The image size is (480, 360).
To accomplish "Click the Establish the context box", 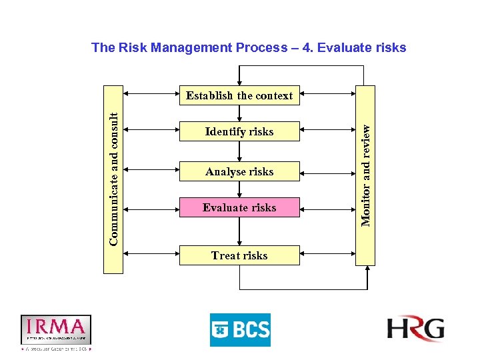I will click(x=239, y=95).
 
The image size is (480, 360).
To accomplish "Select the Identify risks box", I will click(x=239, y=131).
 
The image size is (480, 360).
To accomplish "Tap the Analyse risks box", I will click(x=239, y=171).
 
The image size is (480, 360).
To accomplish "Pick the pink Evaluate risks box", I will click(x=239, y=207).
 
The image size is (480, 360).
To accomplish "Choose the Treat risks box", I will click(x=239, y=255).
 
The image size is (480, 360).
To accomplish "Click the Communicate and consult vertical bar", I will click(x=113, y=179).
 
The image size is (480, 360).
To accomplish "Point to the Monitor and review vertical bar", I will click(x=365, y=175).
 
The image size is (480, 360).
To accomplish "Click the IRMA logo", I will click(x=55, y=329).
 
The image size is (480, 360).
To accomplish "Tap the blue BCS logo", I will click(x=240, y=329).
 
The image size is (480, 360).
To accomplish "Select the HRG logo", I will click(x=415, y=329).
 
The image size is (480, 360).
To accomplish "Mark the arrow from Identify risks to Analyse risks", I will click(x=239, y=151).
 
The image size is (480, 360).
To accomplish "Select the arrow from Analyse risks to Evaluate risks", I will click(x=239, y=189).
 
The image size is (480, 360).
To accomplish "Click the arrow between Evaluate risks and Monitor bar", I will click(x=327, y=209).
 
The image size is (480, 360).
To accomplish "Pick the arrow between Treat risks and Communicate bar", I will click(x=151, y=253).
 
